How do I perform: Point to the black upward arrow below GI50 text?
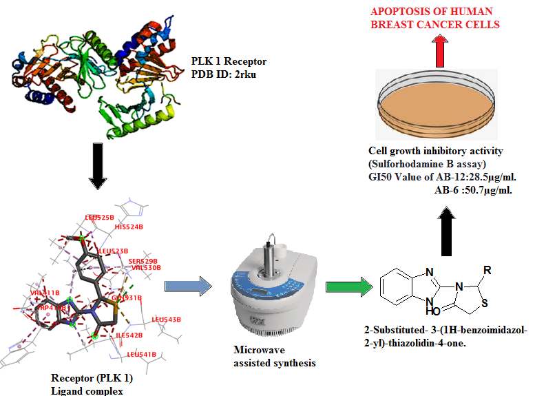(448, 227)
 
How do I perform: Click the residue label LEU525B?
(100, 217)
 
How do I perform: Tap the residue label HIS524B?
(129, 226)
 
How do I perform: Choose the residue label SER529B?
(143, 261)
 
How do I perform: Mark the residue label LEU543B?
(166, 320)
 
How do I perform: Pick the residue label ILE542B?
(129, 335)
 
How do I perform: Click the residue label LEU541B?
(142, 354)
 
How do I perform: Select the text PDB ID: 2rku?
(219, 72)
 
